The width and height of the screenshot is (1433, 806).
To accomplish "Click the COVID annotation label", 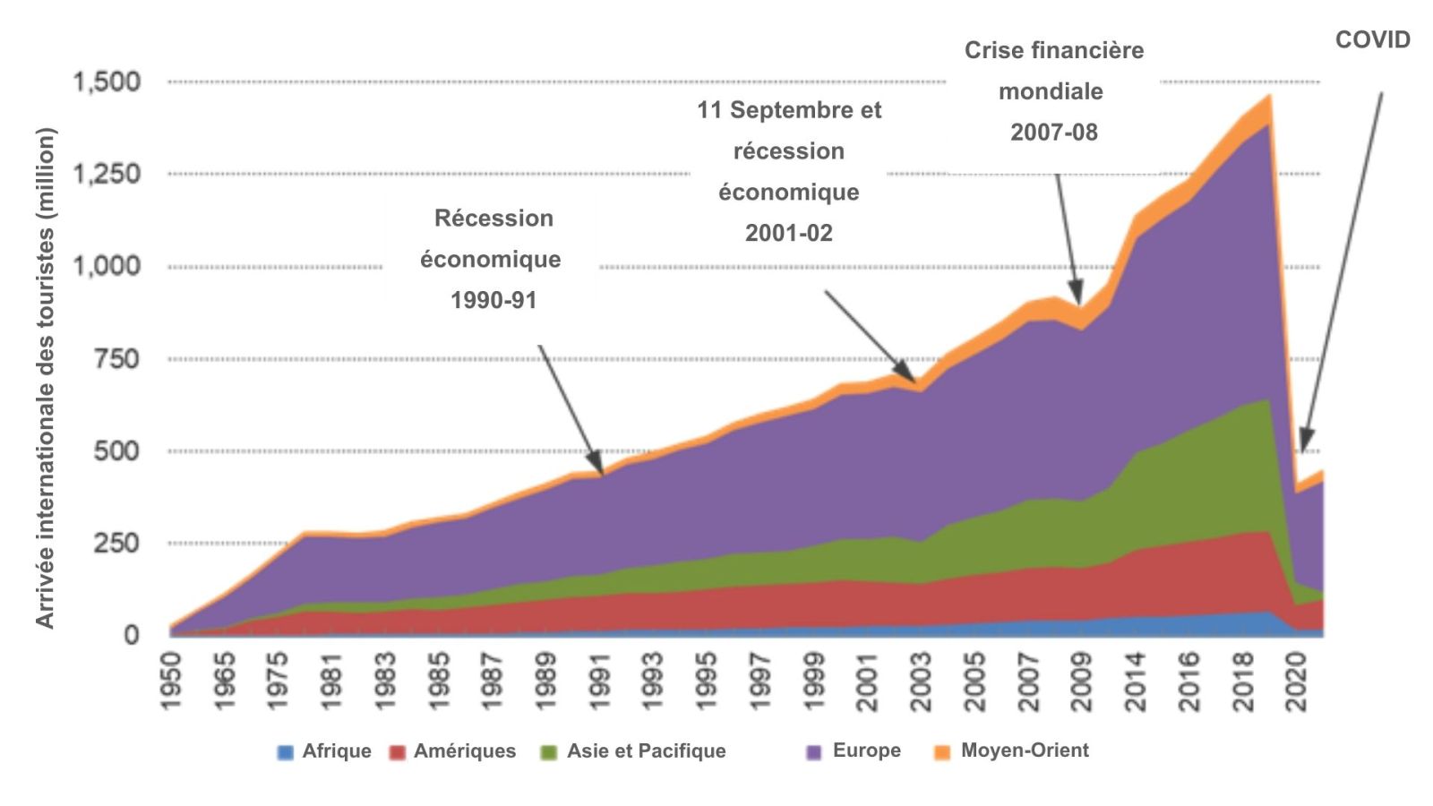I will coord(1372,40).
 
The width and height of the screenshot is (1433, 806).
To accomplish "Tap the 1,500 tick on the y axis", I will coord(107,82).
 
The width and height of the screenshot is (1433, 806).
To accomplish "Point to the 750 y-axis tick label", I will coord(117,359).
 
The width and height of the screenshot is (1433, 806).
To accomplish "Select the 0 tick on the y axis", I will coord(132,635).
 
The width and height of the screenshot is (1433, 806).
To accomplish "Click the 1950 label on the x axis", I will coord(170,682).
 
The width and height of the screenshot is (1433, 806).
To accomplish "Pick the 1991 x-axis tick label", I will coord(599,682).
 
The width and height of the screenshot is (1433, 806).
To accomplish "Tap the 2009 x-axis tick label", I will coord(1082,682).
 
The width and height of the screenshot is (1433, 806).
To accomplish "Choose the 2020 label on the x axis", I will coord(1297,682).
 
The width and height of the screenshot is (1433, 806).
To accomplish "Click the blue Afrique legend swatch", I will coord(286,752).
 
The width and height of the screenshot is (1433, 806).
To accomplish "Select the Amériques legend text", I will coord(464,751).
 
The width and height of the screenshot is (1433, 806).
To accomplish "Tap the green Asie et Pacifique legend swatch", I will coord(549,752).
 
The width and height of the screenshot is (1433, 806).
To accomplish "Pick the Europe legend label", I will coord(866,750).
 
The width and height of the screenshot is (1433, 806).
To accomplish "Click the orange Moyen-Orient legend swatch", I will coord(941,752).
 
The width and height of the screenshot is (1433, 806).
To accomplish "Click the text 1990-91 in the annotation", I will coord(493,300).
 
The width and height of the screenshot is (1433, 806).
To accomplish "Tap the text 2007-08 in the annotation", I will coord(1053,133).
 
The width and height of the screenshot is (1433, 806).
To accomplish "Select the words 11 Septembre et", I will coord(789,110).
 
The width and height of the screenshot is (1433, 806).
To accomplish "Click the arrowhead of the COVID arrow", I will coord(1302,448).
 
